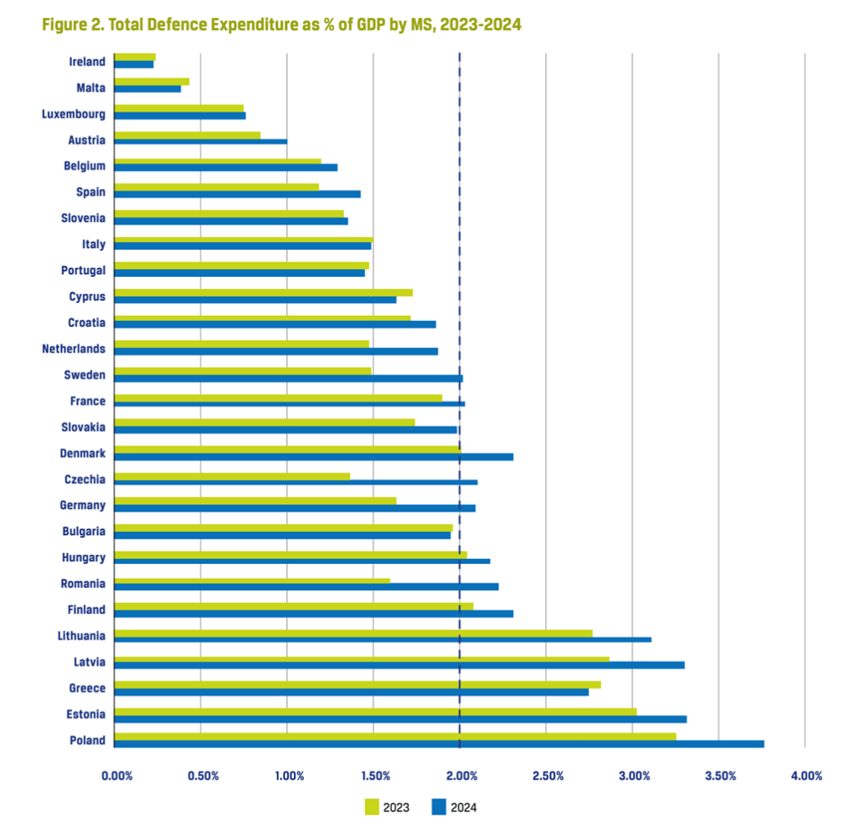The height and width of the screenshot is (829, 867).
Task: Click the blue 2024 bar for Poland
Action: pyautogui.click(x=439, y=744)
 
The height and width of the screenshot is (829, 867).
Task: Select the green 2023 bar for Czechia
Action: pyautogui.click(x=232, y=476)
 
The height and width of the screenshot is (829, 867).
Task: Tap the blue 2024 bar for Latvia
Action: pyautogui.click(x=399, y=666)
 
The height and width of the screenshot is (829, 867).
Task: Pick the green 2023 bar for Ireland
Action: pyautogui.click(x=135, y=58)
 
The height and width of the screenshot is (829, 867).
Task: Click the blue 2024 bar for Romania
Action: pyautogui.click(x=306, y=587)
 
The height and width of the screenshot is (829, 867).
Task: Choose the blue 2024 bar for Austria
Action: pyautogui.click(x=201, y=142)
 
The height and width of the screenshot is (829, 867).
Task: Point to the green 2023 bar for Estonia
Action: pyautogui.click(x=375, y=711)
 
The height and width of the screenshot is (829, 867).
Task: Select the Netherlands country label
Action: pyautogui.click(x=74, y=349)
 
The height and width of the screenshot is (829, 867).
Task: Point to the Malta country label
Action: pyautogui.click(x=90, y=87)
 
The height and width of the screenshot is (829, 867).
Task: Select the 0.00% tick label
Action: pyautogui.click(x=117, y=776)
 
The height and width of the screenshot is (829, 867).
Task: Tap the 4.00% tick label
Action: pyautogui.click(x=806, y=776)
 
